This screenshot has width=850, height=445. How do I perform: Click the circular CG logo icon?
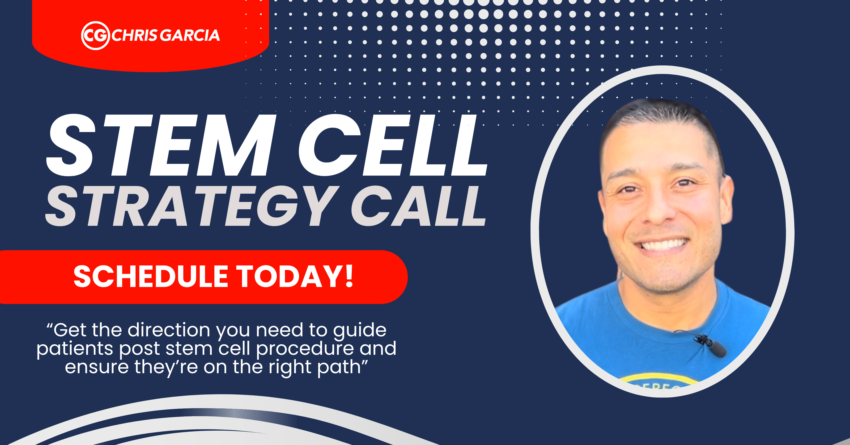[x=95, y=36]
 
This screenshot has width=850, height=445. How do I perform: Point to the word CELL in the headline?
[x=393, y=145]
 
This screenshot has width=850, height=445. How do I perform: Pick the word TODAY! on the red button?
[x=295, y=277]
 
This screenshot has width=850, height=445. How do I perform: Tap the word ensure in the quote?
[x=96, y=367]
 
